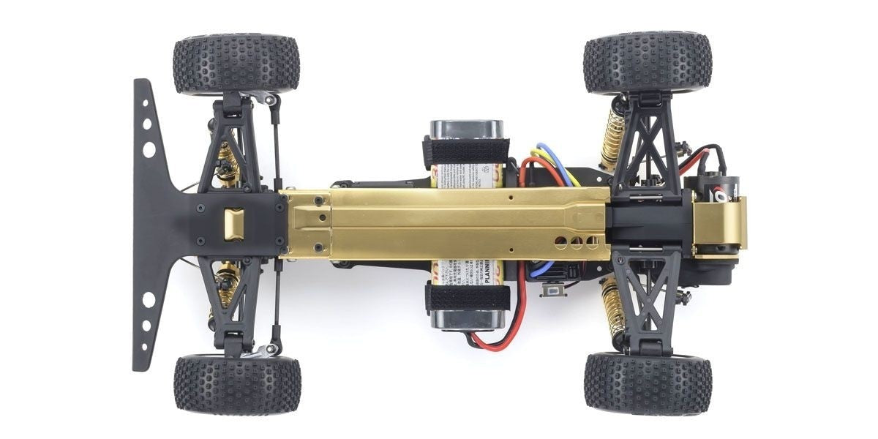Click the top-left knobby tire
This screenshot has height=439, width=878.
[236, 64]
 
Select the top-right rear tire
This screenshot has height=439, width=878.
[647, 63]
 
